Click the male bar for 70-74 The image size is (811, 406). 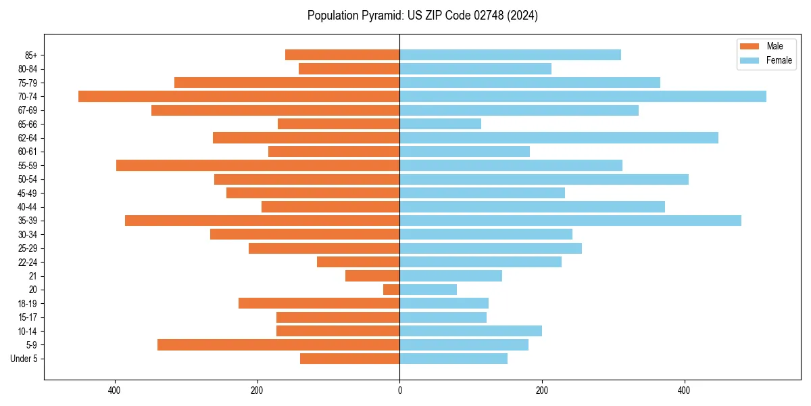pos(239,96)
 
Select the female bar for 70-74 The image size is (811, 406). pos(583,96)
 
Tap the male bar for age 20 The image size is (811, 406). pos(391,290)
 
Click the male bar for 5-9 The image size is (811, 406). pos(278,345)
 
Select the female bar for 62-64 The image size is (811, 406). pos(559,137)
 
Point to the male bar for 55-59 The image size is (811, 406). pos(257,165)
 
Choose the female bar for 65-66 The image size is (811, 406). pos(440,124)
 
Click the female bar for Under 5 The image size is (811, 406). pos(453,359)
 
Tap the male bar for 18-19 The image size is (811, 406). pos(319,303)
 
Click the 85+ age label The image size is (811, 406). pos(30,55)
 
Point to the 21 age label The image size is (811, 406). pos(33,276)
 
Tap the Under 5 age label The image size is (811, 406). pos(24,359)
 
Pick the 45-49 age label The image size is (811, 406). pos(28,193)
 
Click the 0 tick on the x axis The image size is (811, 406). pos(399,390)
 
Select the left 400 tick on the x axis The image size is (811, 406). pos(114,390)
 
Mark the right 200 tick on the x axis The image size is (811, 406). pos(542,390)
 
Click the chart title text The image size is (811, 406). pos(422,16)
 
